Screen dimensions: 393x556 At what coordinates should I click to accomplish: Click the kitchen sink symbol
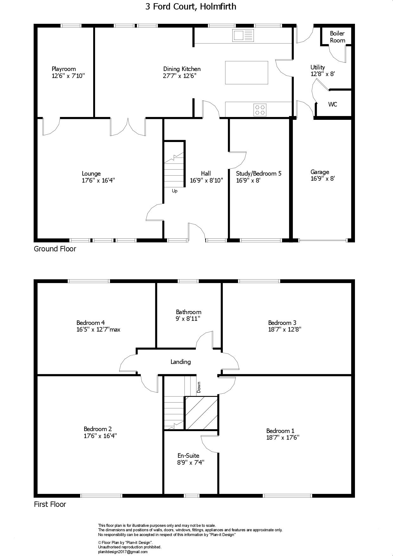243,35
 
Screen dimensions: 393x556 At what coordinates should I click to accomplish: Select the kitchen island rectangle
247,73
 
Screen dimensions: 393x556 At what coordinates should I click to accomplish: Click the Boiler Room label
337,37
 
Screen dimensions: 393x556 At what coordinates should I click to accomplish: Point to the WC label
332,104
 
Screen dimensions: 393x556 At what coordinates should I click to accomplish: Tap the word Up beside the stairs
175,191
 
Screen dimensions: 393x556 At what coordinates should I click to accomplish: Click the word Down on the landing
199,387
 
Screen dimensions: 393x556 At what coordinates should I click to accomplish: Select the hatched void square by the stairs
201,413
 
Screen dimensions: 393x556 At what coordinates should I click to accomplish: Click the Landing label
181,362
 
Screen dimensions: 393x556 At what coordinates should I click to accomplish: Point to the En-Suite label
188,456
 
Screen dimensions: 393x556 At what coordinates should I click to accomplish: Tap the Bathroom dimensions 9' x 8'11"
188,319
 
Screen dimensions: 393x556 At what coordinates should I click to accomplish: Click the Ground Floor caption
55,249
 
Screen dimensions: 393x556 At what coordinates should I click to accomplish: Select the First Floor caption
50,504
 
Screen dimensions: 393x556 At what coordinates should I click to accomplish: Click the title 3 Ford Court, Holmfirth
191,7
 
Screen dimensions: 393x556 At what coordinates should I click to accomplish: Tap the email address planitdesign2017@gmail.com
123,552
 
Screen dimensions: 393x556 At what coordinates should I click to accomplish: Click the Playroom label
64,69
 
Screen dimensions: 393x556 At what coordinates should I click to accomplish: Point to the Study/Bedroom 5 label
259,173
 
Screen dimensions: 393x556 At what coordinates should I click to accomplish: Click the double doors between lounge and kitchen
128,127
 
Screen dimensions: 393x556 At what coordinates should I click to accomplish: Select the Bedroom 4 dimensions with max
98,329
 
